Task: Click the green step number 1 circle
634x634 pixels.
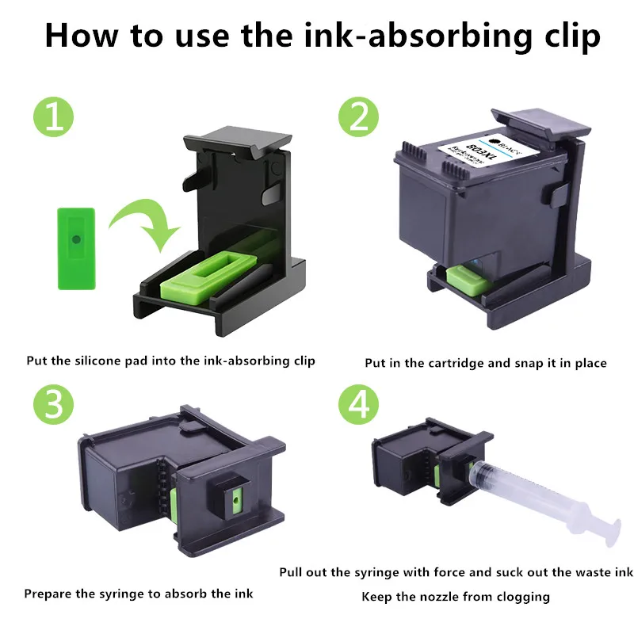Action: (53, 116)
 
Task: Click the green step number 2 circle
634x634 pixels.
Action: (358, 116)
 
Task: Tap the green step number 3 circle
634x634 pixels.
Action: (53, 404)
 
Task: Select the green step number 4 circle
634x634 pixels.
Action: (358, 404)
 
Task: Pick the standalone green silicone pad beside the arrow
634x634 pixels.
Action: (76, 249)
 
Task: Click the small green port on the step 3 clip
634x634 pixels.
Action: (235, 501)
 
